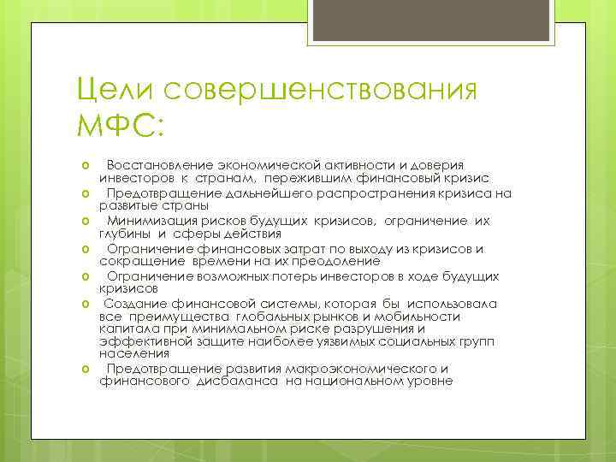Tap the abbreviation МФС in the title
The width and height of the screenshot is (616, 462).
(x=119, y=129)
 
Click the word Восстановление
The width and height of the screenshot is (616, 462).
(x=157, y=165)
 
